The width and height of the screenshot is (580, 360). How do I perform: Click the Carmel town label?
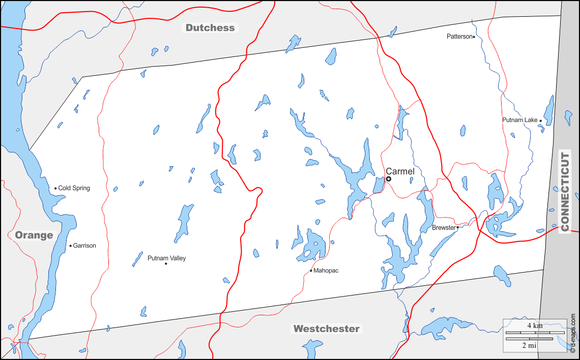point(400,171)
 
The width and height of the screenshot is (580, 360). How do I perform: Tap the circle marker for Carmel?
point(389,179)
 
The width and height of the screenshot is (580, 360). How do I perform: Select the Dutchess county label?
point(210,28)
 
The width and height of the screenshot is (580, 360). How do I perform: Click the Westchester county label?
point(326,328)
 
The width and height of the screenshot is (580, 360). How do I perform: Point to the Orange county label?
point(34,235)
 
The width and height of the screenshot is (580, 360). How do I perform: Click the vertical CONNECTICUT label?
point(565,192)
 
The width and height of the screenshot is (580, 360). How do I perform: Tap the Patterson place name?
point(459,37)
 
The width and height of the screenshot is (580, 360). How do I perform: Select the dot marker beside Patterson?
point(474,37)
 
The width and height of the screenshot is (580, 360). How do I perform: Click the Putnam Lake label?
point(519,120)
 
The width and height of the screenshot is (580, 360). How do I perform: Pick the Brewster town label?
point(444,228)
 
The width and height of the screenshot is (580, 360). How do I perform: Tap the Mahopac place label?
point(326,271)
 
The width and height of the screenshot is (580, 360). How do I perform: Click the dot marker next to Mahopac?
point(311,271)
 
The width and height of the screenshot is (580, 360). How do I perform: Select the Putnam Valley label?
point(166,258)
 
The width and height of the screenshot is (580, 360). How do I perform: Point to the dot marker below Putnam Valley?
point(166,263)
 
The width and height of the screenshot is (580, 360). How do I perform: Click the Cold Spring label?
point(74,188)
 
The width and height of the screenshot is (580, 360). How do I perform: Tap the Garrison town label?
point(84,246)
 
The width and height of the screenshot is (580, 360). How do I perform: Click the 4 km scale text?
point(534,325)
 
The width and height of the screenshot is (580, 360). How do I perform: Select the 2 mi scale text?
point(529,345)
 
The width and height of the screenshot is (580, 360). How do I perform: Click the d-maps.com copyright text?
point(573,333)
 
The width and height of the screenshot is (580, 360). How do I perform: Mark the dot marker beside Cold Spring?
point(55,188)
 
